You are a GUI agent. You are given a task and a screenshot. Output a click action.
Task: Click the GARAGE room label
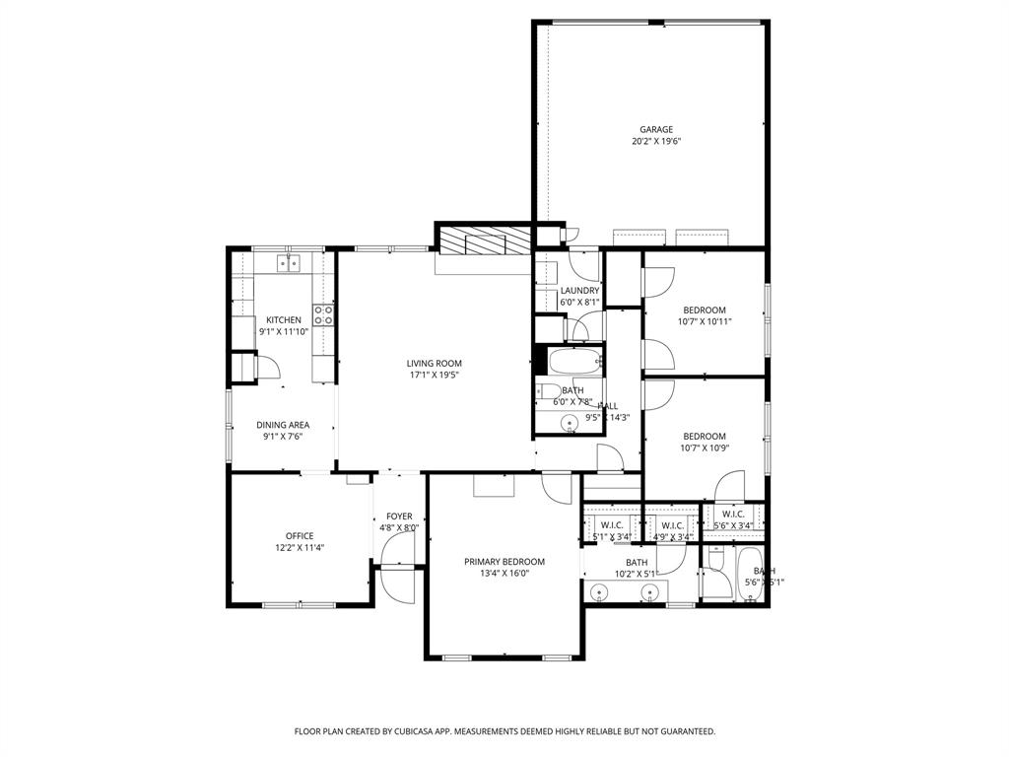[x=656, y=129]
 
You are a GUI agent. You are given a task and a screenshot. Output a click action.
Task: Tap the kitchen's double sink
[x=288, y=262]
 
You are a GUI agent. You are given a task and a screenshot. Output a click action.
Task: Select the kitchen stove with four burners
[x=323, y=314]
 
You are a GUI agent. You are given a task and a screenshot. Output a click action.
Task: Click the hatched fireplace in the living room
[x=484, y=242]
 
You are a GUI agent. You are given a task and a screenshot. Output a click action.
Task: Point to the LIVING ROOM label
[x=434, y=363]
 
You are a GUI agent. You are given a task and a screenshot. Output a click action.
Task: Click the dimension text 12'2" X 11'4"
[x=300, y=548]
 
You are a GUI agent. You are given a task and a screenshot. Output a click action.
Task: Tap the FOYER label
[x=399, y=516]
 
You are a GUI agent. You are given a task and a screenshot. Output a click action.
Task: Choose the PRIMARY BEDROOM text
[x=504, y=562]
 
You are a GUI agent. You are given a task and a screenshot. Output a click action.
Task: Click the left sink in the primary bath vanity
[x=601, y=592]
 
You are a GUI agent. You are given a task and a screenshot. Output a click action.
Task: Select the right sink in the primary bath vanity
[x=649, y=592]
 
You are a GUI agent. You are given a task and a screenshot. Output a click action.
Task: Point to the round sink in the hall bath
[x=569, y=424]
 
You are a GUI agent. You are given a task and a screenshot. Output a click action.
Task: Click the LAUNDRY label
[x=579, y=291]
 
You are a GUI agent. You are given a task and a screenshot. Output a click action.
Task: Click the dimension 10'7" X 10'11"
[x=705, y=321]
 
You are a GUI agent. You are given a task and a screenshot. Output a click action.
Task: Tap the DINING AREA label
[x=283, y=425]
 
